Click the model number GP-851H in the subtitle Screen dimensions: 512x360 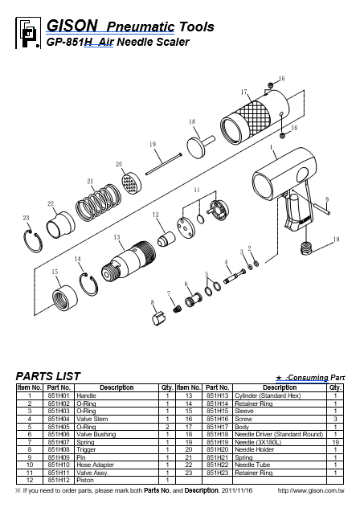coord(67,43)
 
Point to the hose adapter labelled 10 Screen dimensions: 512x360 coord(306,245)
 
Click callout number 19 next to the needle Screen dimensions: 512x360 coord(152,144)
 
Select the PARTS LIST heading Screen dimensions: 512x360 coord(48,375)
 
